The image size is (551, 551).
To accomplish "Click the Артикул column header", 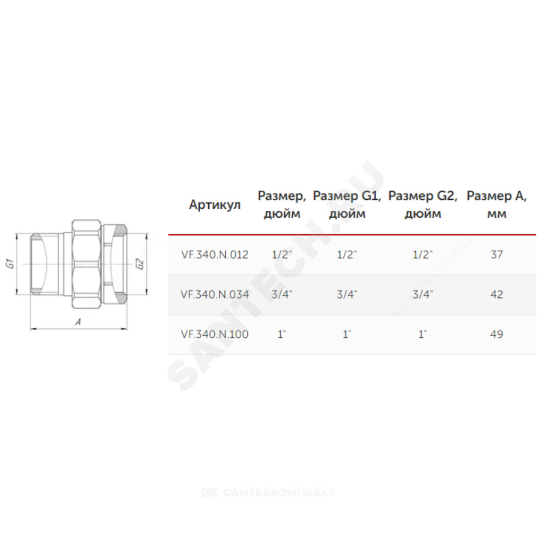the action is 215,204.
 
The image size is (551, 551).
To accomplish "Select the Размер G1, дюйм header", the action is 347,204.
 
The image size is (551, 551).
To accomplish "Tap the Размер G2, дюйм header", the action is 423,204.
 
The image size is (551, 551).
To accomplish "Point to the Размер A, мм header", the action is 496,204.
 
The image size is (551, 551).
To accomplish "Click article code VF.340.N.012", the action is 215,255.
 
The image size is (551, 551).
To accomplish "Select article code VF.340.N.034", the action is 215,294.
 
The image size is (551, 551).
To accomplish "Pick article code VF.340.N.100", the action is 215,334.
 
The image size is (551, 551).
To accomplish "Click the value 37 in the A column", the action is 496,255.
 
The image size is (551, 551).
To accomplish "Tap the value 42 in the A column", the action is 496,294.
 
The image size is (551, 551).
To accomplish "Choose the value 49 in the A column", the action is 496,334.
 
